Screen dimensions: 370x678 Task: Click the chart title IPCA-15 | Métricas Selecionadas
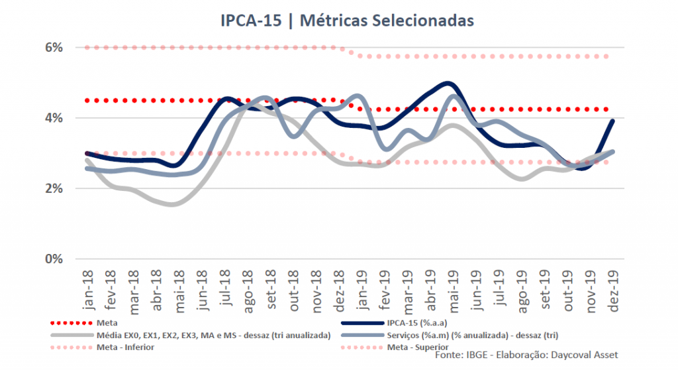347,21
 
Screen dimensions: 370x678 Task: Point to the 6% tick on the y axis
54,48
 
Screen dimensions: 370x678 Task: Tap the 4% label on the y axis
54,118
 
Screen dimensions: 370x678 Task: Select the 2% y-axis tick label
54,188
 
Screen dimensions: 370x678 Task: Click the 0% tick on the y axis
54,259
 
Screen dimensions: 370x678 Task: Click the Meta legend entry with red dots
107,323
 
